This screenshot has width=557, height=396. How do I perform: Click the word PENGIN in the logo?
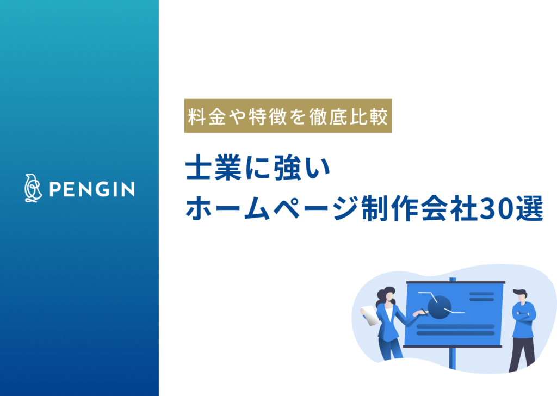(x=91, y=189)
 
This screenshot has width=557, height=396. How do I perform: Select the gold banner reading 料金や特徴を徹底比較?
(x=288, y=116)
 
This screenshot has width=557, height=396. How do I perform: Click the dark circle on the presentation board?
(x=440, y=307)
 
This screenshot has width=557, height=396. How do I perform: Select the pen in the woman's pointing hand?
(x=423, y=312)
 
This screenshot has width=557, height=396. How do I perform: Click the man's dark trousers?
(x=522, y=351)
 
